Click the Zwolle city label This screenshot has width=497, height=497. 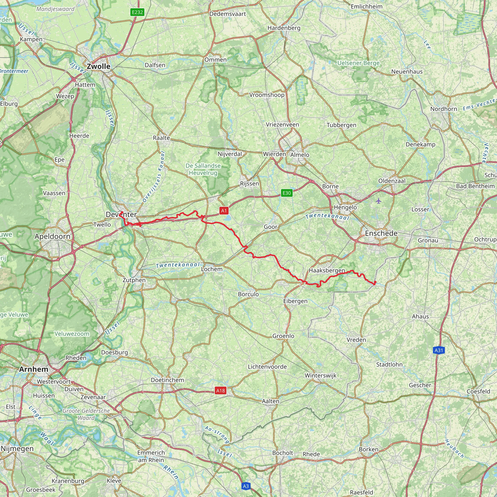tap(99, 66)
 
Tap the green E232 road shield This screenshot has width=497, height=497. tap(137, 12)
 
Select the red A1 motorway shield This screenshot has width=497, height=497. tap(224, 211)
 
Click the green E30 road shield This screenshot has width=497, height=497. tap(287, 193)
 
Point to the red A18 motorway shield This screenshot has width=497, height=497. tap(220, 391)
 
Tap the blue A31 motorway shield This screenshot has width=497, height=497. tap(439, 350)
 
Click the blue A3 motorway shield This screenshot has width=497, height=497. tap(246, 486)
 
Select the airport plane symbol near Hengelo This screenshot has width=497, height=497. tap(378, 201)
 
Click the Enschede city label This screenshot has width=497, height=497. tap(381, 233)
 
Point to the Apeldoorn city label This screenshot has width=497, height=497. tap(52, 236)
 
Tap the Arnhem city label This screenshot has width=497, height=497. tap(34, 369)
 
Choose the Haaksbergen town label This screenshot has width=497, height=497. tap(327, 270)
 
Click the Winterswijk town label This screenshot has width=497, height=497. tap(321, 375)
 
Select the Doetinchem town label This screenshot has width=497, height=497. tap(167, 380)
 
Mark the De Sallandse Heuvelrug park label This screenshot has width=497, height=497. tap(203, 169)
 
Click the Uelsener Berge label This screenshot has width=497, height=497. tap(358, 63)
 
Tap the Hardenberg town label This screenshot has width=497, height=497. tap(284, 28)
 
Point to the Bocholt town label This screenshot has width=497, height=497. tap(283, 453)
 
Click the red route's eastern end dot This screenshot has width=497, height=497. tap(375, 282)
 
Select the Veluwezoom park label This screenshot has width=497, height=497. tap(72, 334)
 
